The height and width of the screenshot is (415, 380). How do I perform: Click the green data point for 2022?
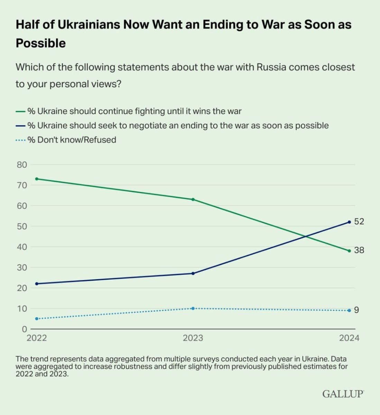point(37,179)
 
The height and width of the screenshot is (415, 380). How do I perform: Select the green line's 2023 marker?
point(193,199)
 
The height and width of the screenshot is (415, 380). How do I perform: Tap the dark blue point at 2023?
point(193,273)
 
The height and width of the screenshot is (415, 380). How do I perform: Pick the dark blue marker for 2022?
point(37,284)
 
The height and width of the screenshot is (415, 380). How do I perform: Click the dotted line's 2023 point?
point(193,308)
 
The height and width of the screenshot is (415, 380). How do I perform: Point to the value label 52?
point(359,222)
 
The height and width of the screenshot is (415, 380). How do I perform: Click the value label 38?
point(359,250)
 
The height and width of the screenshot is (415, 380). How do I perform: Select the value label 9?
point(356,310)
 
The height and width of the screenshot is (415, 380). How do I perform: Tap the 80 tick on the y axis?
point(21,165)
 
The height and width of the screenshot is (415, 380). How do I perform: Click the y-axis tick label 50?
point(21,226)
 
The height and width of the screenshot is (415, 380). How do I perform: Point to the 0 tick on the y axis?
point(24,329)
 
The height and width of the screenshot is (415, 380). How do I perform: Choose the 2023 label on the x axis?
point(193,338)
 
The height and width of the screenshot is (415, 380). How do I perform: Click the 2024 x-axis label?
point(349,338)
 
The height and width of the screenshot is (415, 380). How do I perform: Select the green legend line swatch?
point(21,111)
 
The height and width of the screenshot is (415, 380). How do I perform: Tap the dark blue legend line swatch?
point(21,126)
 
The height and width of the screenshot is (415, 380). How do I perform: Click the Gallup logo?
point(343,394)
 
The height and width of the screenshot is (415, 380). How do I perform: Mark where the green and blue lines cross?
point(306,237)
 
